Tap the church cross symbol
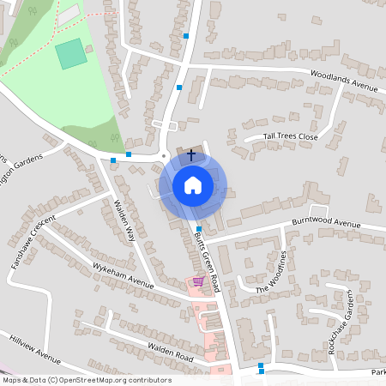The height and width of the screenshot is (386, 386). tap(190, 154)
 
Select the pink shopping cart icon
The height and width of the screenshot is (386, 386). tap(198, 281)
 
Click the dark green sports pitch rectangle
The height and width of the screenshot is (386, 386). tap(71, 54)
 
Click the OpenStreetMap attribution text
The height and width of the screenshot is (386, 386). tap(86, 380)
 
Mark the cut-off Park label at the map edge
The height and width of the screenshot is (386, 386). tap(378, 373)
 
